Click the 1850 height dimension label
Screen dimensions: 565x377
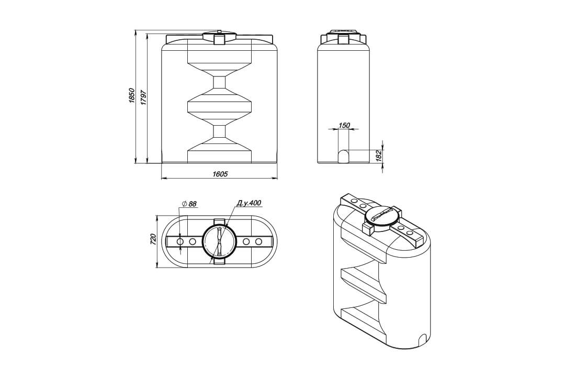pyautogui.click(x=131, y=96)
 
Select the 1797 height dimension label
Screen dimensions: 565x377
pyautogui.click(x=143, y=97)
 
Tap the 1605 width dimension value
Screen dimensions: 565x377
pyautogui.click(x=220, y=174)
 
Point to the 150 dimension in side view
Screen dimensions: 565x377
pyautogui.click(x=344, y=125)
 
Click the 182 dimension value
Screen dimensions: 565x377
pyautogui.click(x=378, y=156)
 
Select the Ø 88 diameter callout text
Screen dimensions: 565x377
pyautogui.click(x=189, y=204)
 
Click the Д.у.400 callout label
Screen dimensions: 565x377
pyautogui.click(x=248, y=203)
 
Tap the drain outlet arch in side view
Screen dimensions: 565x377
pyautogui.click(x=344, y=156)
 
